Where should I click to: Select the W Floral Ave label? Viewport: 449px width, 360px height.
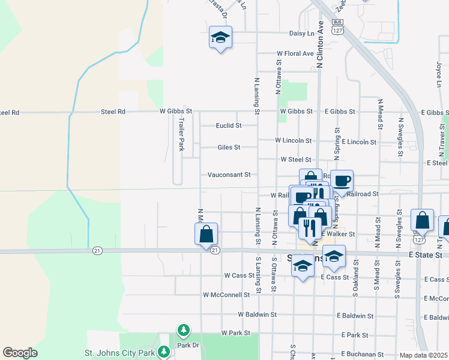295,53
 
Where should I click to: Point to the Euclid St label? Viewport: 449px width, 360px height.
229,126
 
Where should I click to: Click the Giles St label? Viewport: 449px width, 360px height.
229,147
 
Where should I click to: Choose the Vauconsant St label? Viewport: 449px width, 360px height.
229,175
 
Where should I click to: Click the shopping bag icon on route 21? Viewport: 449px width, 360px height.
206,234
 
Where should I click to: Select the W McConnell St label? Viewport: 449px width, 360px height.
226,295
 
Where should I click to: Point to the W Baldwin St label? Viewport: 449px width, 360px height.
257,314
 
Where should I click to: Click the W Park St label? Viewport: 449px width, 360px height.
235,332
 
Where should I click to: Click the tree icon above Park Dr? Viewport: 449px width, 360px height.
183,330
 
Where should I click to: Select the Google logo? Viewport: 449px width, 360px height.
20,353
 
